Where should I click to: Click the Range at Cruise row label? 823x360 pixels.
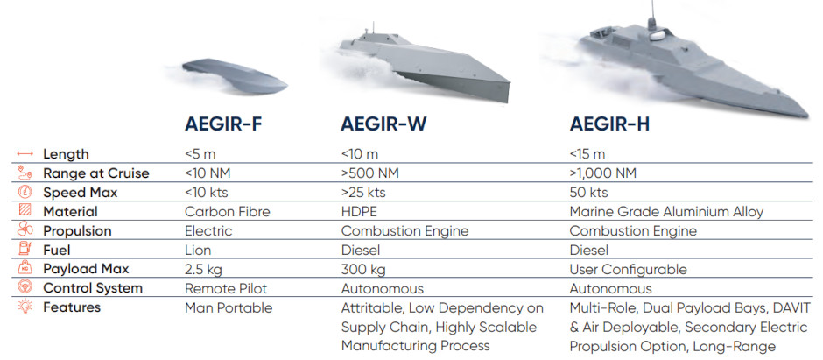tap(96, 173)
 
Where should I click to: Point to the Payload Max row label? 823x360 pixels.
tap(88, 269)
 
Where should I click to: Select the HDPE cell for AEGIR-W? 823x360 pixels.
tap(358, 211)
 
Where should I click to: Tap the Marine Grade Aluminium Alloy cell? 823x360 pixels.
tap(666, 211)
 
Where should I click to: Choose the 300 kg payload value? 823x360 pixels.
tap(362, 269)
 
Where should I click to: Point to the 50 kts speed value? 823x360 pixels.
tap(589, 192)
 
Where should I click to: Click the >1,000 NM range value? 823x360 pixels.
tap(603, 173)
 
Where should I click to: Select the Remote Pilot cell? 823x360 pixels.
tap(225, 288)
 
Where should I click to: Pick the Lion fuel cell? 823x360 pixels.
tap(199, 250)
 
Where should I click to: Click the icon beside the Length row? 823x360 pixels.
tap(25, 154)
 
